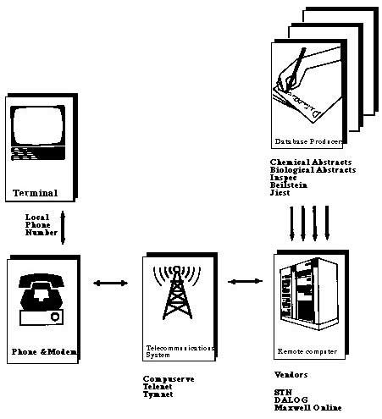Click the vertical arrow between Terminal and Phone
tap(63, 229)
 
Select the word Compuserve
tap(169, 379)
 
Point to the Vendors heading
tap(291, 373)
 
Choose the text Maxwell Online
tap(307, 408)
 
